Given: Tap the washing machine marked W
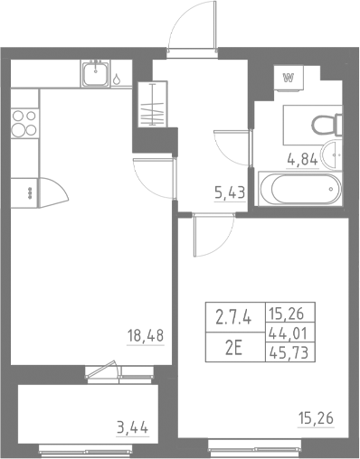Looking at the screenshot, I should (x=289, y=78).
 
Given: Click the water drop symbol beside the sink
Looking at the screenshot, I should (x=117, y=79).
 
